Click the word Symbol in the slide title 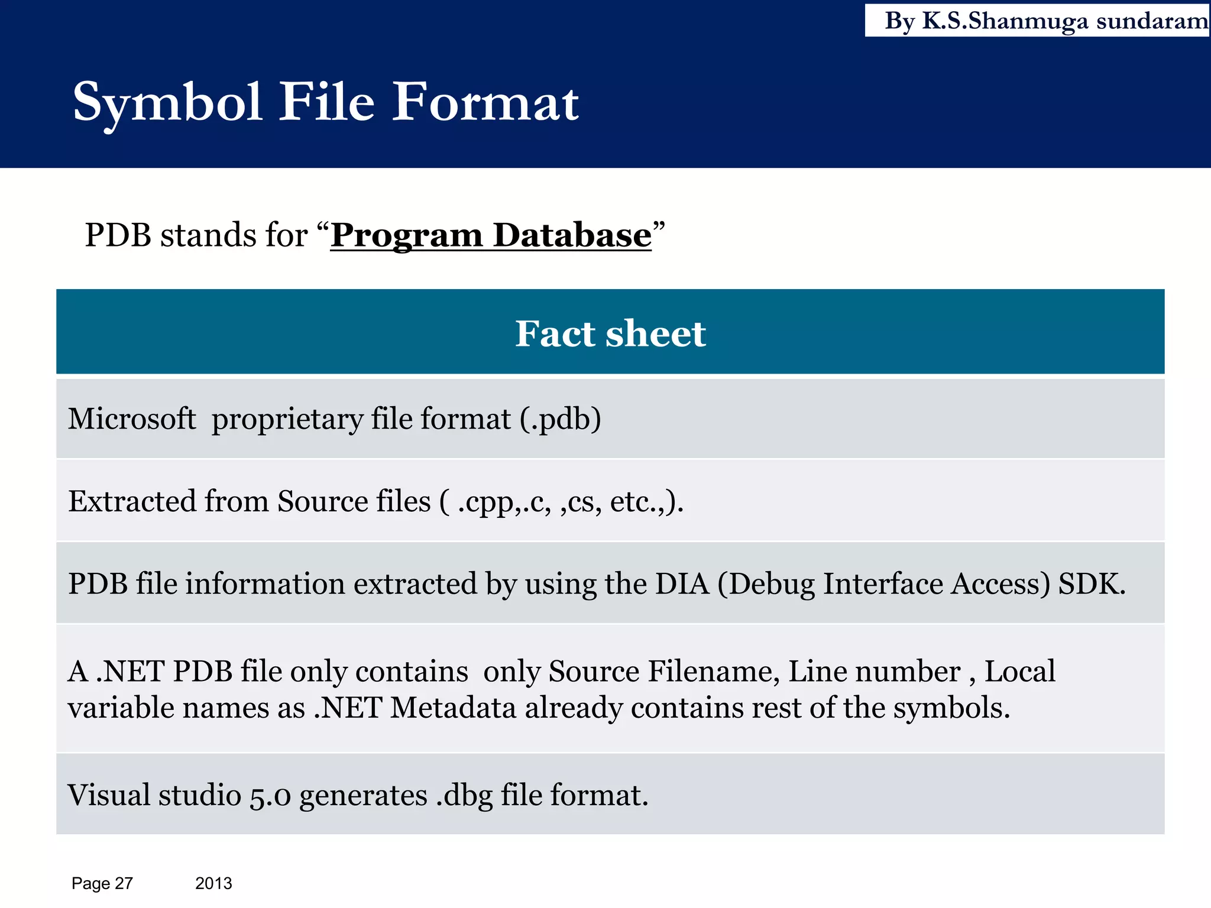pyautogui.click(x=167, y=103)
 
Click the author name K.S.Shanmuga pyautogui.click(x=1005, y=21)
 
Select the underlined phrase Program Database pyautogui.click(x=491, y=235)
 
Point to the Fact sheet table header pyautogui.click(x=610, y=333)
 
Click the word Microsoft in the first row pyautogui.click(x=132, y=419)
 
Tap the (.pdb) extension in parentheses pyautogui.click(x=561, y=420)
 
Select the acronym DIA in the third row pyautogui.click(x=682, y=584)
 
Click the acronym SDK pyautogui.click(x=1092, y=584)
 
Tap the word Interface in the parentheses pyautogui.click(x=883, y=584)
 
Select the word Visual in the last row pyautogui.click(x=109, y=795)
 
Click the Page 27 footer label pyautogui.click(x=102, y=883)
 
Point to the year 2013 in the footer pyautogui.click(x=213, y=883)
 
